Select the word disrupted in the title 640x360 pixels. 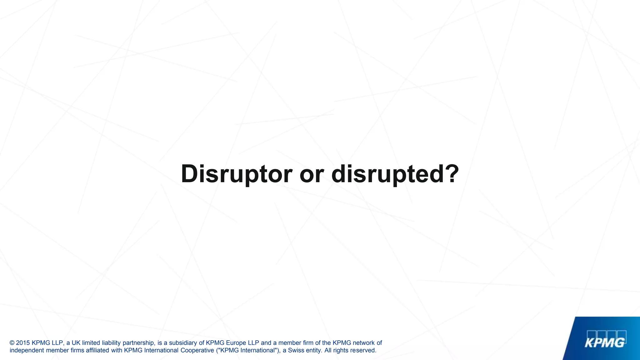coord(387,174)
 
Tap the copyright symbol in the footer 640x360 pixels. coord(12,343)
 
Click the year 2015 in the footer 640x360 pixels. coord(23,343)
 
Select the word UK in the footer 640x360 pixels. coord(76,343)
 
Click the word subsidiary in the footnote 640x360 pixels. coord(183,343)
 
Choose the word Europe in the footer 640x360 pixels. coord(236,343)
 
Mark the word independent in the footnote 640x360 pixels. coord(27,350)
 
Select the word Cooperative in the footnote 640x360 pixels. coord(197,350)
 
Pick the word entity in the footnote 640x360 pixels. coord(314,350)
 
